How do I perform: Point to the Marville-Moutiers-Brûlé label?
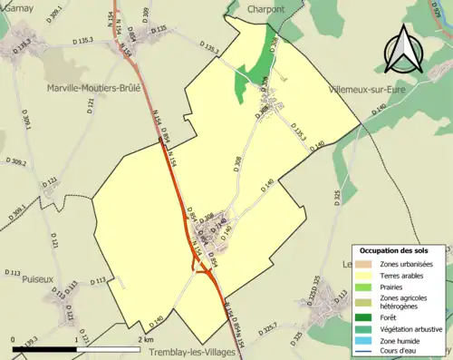click(x=95, y=88)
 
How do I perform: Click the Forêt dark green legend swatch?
click(x=367, y=317)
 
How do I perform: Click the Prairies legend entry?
click(x=397, y=287)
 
